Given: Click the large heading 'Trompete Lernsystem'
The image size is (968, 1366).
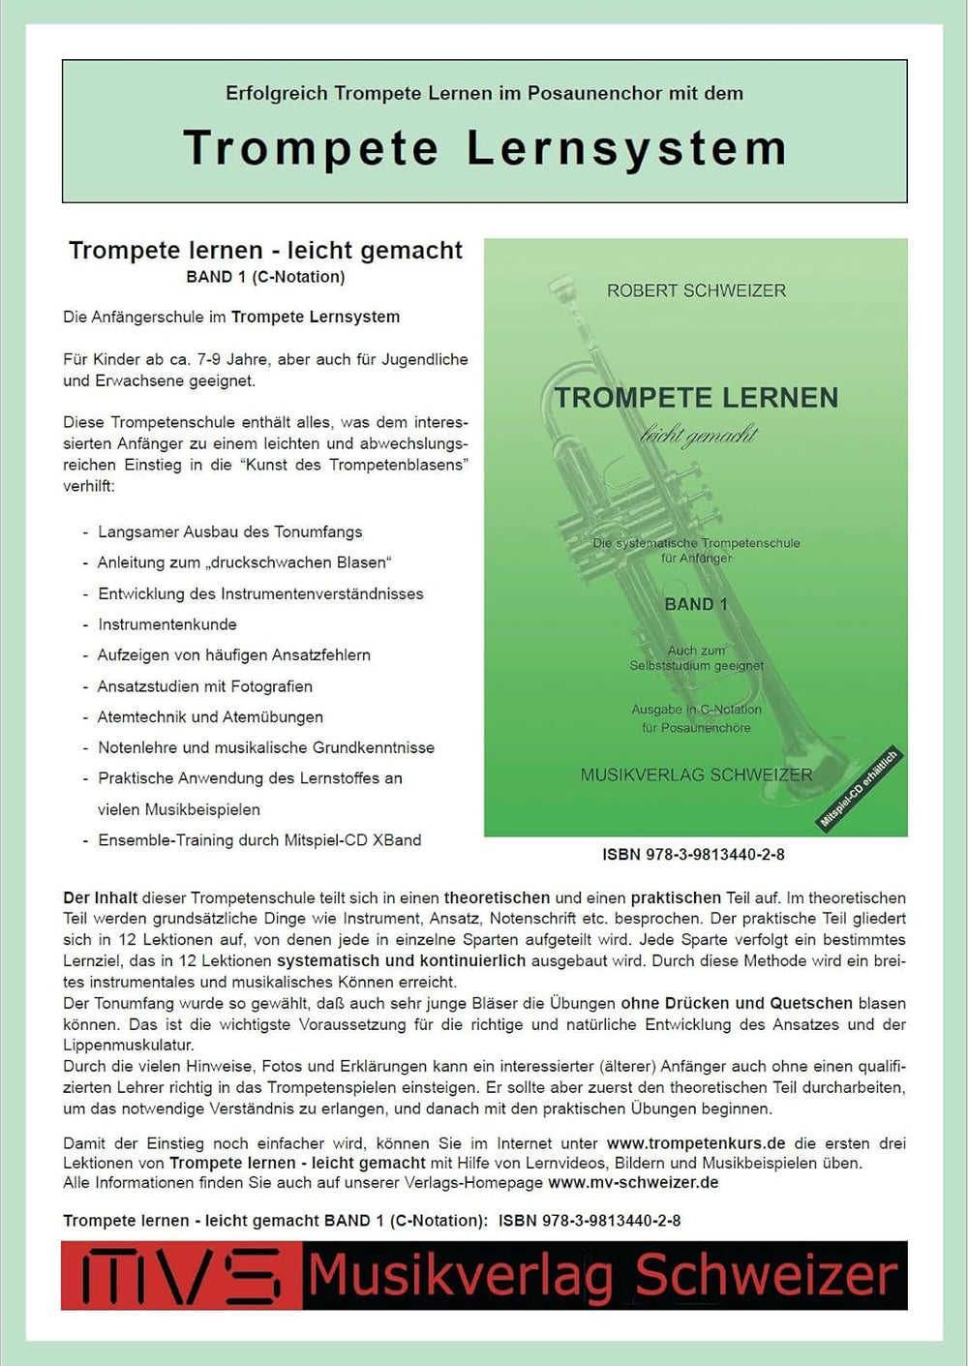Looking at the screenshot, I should (x=484, y=148).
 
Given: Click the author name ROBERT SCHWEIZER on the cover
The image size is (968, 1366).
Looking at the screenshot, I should (x=696, y=290).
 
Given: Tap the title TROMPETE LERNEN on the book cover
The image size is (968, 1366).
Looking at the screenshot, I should (x=696, y=398).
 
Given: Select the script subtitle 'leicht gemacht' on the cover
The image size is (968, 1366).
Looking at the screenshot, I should (x=699, y=436).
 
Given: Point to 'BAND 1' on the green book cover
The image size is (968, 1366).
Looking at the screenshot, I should (x=695, y=604).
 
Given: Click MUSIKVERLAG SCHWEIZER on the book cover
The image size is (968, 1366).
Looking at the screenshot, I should (x=696, y=774).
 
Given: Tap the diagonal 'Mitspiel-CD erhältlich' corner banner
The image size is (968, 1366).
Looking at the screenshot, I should (x=860, y=788).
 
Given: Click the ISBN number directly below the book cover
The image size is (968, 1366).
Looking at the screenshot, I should (x=693, y=855).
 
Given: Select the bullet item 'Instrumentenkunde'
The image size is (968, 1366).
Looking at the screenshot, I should (x=167, y=624).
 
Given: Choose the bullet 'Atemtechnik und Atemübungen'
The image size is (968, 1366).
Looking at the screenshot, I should (x=210, y=717).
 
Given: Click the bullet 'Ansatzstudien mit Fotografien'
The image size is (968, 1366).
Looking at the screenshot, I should (x=205, y=686).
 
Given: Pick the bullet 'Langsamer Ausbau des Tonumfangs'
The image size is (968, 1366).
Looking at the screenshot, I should (x=230, y=531).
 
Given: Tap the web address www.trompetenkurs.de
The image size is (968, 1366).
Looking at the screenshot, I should (x=696, y=1143).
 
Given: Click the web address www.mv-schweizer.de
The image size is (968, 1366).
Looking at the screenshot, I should (x=633, y=1182).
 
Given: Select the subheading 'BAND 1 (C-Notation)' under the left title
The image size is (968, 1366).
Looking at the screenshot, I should (x=265, y=277).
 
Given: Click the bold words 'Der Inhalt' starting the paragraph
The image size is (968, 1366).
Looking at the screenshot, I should (x=101, y=897).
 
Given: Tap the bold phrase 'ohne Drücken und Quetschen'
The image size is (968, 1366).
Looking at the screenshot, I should (x=737, y=1003).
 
